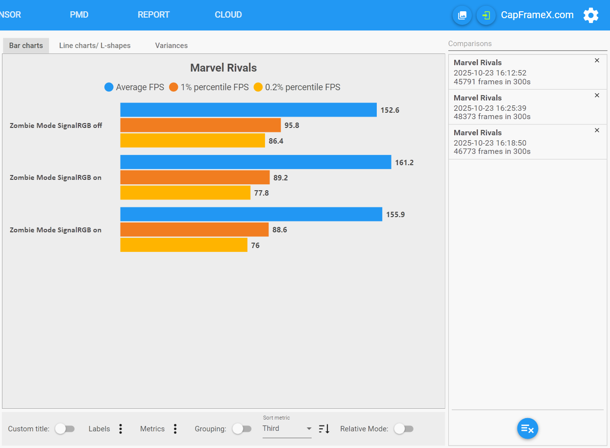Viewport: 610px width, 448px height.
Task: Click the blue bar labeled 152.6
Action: tap(248, 110)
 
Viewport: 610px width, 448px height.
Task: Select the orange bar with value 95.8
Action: tap(200, 125)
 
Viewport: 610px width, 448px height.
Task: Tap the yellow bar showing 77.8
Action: tap(185, 193)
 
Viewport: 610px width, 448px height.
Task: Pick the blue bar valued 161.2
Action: tap(256, 162)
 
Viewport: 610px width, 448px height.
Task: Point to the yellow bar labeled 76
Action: tap(184, 245)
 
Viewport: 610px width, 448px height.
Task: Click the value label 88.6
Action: tap(280, 230)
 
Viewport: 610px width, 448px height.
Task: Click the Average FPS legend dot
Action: tap(109, 87)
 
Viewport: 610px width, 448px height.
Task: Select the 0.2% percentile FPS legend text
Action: tap(302, 87)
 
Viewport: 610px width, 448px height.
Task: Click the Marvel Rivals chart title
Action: tap(223, 68)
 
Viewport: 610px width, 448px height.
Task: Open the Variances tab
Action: tap(171, 46)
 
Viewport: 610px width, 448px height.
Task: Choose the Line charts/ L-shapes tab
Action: tap(95, 46)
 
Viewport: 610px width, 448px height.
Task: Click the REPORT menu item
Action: tap(153, 15)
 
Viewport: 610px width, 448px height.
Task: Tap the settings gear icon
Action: tap(591, 15)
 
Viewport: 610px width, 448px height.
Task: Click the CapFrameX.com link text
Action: tap(537, 15)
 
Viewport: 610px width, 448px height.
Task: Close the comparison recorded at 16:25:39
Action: tap(597, 95)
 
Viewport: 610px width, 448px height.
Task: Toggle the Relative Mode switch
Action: tap(404, 429)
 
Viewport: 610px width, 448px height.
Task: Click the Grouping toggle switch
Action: tap(242, 429)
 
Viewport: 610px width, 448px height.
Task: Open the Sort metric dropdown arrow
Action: tap(309, 429)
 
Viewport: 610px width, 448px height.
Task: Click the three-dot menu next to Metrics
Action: tap(175, 429)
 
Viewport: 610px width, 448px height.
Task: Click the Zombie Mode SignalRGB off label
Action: tap(56, 125)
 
